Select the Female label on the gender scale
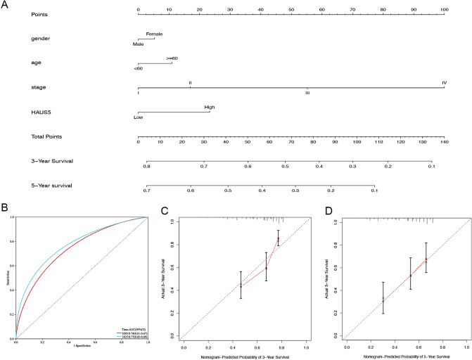pyautogui.click(x=154, y=33)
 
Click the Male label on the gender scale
pyautogui.click(x=139, y=44)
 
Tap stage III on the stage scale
pyautogui.click(x=307, y=93)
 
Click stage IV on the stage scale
pyautogui.click(x=444, y=82)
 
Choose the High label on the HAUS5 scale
pyautogui.click(x=210, y=107)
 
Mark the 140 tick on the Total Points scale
pyautogui.click(x=443, y=142)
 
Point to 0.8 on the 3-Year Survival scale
pyautogui.click(x=146, y=167)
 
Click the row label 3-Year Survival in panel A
pyautogui.click(x=52, y=160)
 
